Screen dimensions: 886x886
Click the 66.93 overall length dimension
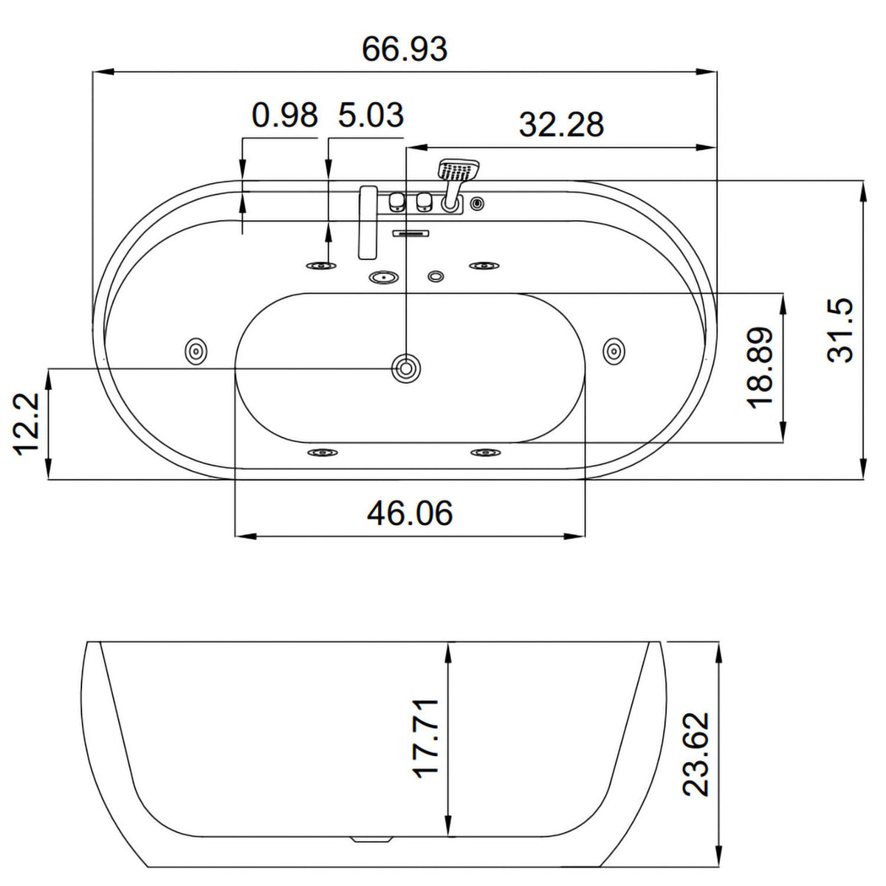pyautogui.click(x=405, y=49)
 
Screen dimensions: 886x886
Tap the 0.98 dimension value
pyautogui.click(x=284, y=115)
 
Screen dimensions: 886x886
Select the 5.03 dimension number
pyautogui.click(x=371, y=115)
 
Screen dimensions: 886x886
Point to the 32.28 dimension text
pyautogui.click(x=561, y=124)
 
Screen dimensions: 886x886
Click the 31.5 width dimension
pyautogui.click(x=840, y=330)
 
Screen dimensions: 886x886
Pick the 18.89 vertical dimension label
pyautogui.click(x=760, y=368)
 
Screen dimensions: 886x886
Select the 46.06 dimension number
pyautogui.click(x=410, y=513)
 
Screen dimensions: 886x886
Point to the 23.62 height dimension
pyautogui.click(x=696, y=754)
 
